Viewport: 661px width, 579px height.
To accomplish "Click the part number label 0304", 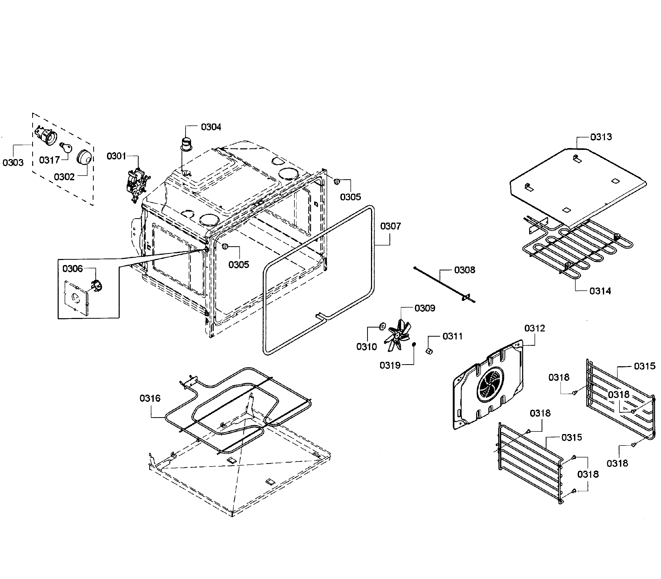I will [211, 127].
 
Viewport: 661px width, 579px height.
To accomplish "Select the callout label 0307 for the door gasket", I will [390, 226].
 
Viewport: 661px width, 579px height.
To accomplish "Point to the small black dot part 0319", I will [414, 344].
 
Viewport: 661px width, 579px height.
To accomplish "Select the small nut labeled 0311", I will [429, 351].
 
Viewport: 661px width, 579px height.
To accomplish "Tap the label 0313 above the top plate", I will [601, 137].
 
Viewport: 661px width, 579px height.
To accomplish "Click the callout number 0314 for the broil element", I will [600, 291].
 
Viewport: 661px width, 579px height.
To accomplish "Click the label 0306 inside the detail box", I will [73, 269].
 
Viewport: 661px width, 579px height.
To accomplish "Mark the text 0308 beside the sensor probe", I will [464, 270].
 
